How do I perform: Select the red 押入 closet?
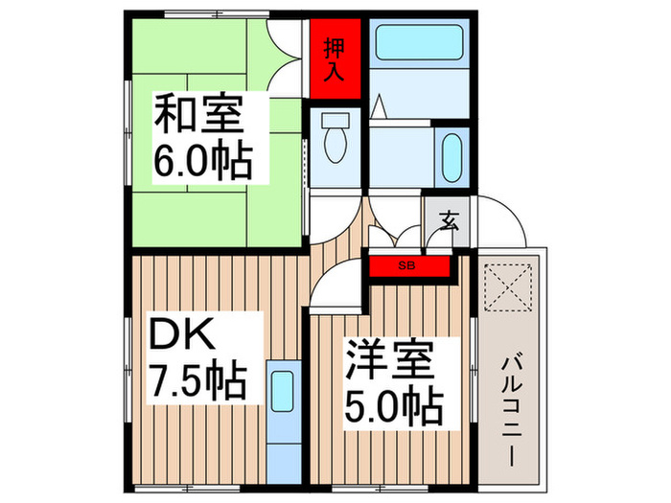[x=335, y=59]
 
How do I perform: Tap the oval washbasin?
[x=452, y=150]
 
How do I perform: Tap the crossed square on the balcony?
[x=510, y=286]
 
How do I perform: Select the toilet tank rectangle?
[x=335, y=122]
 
